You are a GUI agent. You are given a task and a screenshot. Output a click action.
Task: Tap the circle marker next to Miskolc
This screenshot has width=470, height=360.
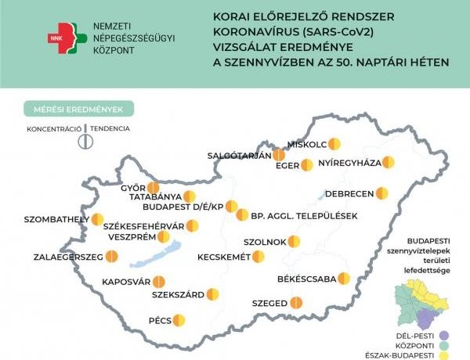pyautogui.click(x=334, y=144)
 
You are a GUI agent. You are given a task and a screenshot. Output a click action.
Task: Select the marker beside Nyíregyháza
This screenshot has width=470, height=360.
pyautogui.click(x=388, y=163)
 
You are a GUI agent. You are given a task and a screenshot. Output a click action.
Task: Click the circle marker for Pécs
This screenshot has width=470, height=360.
pyautogui.click(x=179, y=319)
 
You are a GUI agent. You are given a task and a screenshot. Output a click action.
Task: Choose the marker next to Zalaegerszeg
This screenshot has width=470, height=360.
pyautogui.click(x=112, y=256)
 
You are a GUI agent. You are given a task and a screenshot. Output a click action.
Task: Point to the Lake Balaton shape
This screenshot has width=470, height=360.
pyautogui.click(x=156, y=256)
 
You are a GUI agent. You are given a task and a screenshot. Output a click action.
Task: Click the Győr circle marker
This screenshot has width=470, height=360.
pyautogui.click(x=153, y=188)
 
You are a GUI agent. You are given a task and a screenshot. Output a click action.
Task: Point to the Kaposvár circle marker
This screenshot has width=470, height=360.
pyautogui.click(x=159, y=281)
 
